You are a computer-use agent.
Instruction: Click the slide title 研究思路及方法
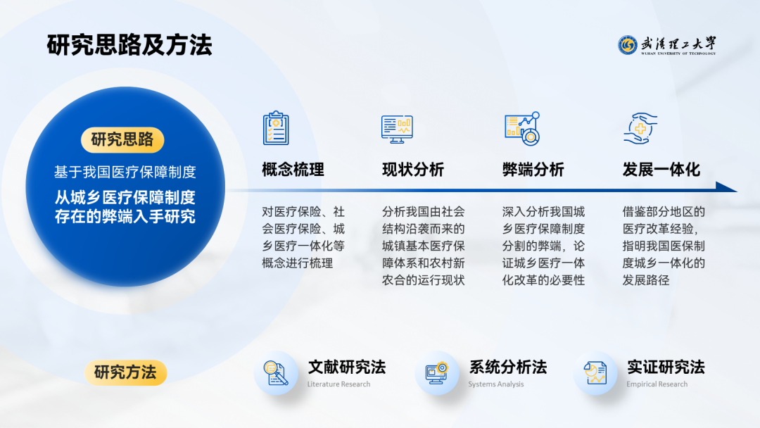pyautogui.click(x=129, y=45)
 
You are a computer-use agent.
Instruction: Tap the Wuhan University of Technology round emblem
pyautogui.click(x=627, y=45)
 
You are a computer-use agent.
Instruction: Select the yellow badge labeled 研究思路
pyautogui.click(x=122, y=139)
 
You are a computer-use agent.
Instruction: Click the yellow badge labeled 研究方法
pyautogui.click(x=125, y=372)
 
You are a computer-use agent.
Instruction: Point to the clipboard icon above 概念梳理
pyautogui.click(x=276, y=128)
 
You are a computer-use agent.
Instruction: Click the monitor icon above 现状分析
pyautogui.click(x=397, y=130)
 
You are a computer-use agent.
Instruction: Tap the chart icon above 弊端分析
pyautogui.click(x=522, y=128)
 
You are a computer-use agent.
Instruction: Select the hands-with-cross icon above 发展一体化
pyautogui.click(x=640, y=128)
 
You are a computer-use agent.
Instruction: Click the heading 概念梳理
pyautogui.click(x=293, y=170)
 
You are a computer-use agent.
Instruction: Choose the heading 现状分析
pyautogui.click(x=413, y=170)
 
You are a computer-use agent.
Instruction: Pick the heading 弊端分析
pyautogui.click(x=533, y=170)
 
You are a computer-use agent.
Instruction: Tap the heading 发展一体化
pyautogui.click(x=661, y=170)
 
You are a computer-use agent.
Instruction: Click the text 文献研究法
pyautogui.click(x=346, y=367)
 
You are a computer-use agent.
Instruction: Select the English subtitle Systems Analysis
pyautogui.click(x=496, y=384)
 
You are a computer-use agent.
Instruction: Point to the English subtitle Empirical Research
pyautogui.click(x=657, y=384)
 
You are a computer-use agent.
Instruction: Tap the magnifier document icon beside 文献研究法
pyautogui.click(x=276, y=373)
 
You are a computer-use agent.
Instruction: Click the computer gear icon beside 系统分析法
pyautogui.click(x=437, y=373)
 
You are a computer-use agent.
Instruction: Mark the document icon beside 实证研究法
pyautogui.click(x=595, y=373)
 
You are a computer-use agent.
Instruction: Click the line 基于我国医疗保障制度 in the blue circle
pyautogui.click(x=125, y=172)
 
